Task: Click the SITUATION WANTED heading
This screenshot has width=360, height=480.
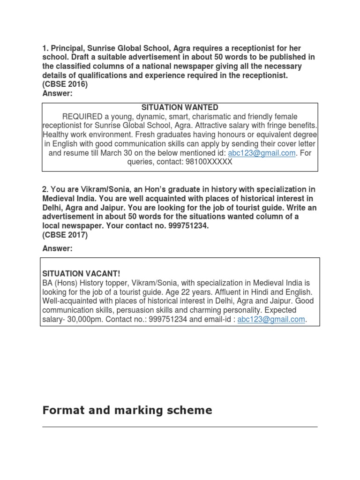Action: [x=180, y=107]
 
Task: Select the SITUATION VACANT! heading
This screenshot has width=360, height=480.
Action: [x=84, y=273]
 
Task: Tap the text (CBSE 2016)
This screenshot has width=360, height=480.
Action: [x=65, y=84]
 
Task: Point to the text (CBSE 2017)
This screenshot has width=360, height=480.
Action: [x=65, y=235]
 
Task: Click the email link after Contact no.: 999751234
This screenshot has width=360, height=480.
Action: [x=271, y=319]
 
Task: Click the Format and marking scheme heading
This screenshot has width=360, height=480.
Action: [x=127, y=411]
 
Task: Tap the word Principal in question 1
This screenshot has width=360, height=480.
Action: [x=67, y=49]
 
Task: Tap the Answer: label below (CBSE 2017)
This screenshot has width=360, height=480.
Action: [x=57, y=248]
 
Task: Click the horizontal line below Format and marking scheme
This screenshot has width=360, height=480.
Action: [x=180, y=427]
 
